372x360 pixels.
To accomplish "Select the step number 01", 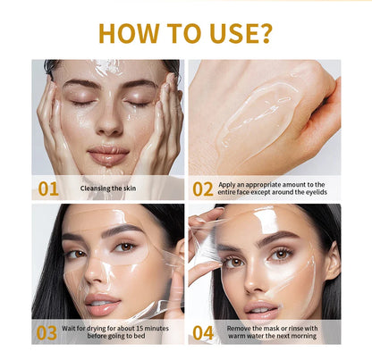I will (x=48, y=188).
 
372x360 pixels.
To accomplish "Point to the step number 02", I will (x=203, y=188).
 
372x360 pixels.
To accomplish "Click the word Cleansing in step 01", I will (x=96, y=188).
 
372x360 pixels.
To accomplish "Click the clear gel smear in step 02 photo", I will (x=259, y=116).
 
